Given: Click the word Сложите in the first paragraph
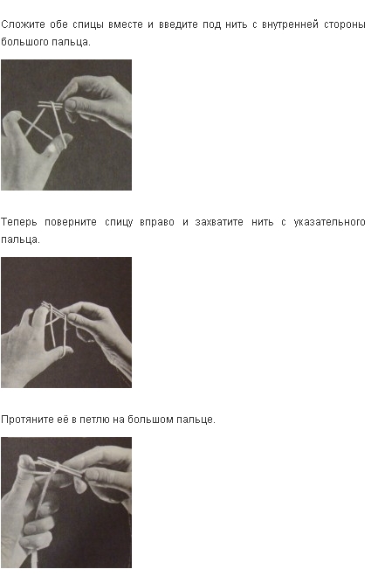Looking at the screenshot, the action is point(23,24).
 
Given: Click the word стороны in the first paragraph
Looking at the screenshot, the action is point(345,25).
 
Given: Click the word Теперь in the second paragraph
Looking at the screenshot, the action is point(19,222).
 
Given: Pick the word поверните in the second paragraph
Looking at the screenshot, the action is point(70,222).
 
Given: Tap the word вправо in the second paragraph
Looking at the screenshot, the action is point(156,222).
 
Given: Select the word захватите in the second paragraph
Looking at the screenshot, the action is point(219,222).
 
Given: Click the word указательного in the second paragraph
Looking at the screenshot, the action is point(329,222).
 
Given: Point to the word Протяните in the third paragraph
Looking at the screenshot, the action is point(27,420).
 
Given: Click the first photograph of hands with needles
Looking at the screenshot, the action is point(66,125).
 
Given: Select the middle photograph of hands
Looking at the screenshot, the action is point(66,323).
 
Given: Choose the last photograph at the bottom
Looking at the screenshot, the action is point(66,503).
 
